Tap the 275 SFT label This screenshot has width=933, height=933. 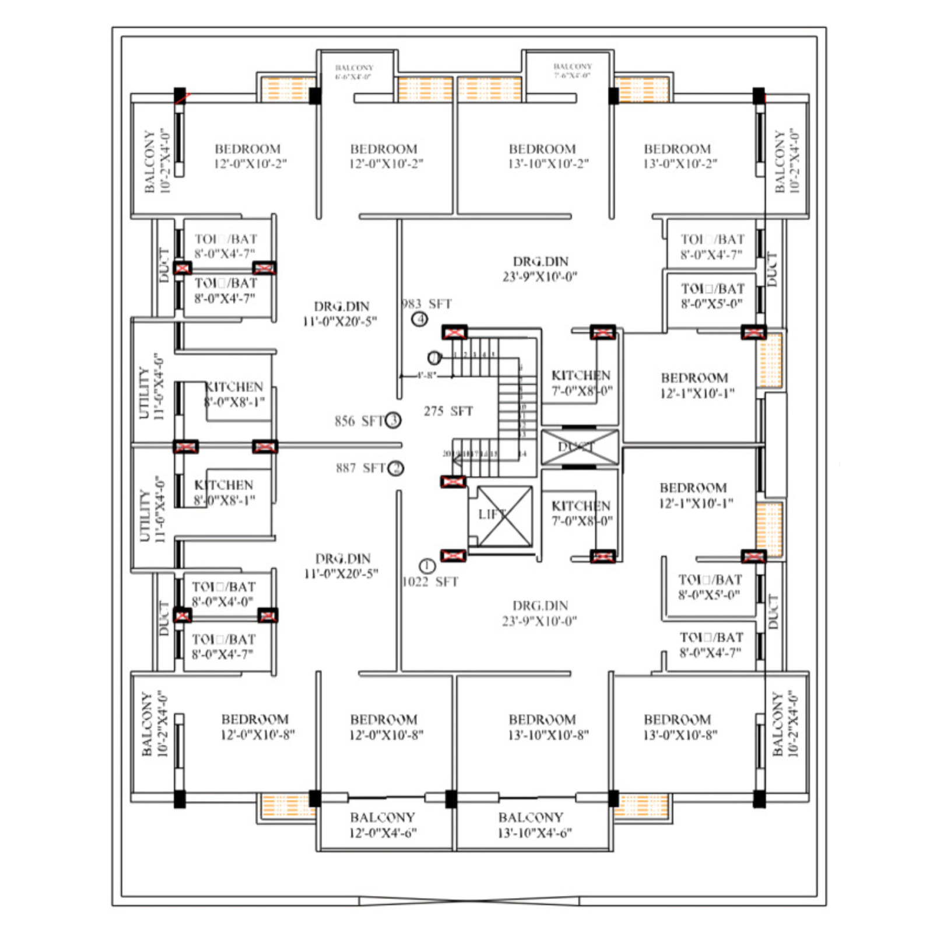coord(448,411)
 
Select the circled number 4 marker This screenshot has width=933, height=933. coord(420,319)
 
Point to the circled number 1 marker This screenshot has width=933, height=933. coord(427,566)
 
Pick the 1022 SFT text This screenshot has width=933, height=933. coord(430,581)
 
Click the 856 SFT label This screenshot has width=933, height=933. coord(359,421)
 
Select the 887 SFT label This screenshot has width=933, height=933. coord(360,468)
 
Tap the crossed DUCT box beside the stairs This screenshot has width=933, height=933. coord(580,447)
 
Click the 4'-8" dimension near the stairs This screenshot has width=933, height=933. coord(426,376)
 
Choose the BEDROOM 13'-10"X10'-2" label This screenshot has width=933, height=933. coord(548,156)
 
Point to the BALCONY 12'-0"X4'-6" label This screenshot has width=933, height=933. coord(383,825)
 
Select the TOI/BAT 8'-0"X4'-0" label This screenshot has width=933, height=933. coord(223,594)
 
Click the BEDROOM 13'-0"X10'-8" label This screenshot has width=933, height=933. coord(680,727)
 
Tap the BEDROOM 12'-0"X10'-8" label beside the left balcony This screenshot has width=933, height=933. coord(257,727)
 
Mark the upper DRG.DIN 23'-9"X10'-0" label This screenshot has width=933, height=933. coord(540,269)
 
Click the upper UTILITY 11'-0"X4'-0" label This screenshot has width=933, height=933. coord(151,386)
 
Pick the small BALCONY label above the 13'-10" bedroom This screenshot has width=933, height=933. coord(572,71)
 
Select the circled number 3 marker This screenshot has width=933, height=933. coord(394,420)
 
